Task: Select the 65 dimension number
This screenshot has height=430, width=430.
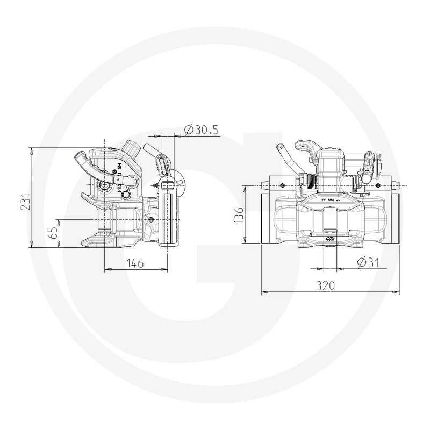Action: [x=52, y=232]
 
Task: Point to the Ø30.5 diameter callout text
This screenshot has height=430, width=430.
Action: [x=200, y=130]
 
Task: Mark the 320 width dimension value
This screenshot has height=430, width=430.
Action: [x=330, y=286]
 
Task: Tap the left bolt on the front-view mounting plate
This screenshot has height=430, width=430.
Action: [x=281, y=184]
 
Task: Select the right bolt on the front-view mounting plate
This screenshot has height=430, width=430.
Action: [x=381, y=184]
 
